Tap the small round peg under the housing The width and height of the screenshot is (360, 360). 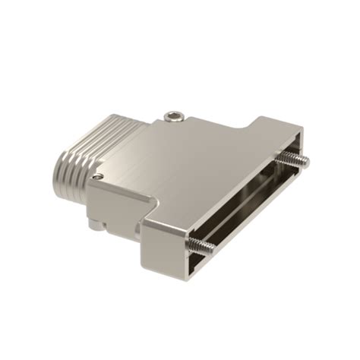point(91,225)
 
